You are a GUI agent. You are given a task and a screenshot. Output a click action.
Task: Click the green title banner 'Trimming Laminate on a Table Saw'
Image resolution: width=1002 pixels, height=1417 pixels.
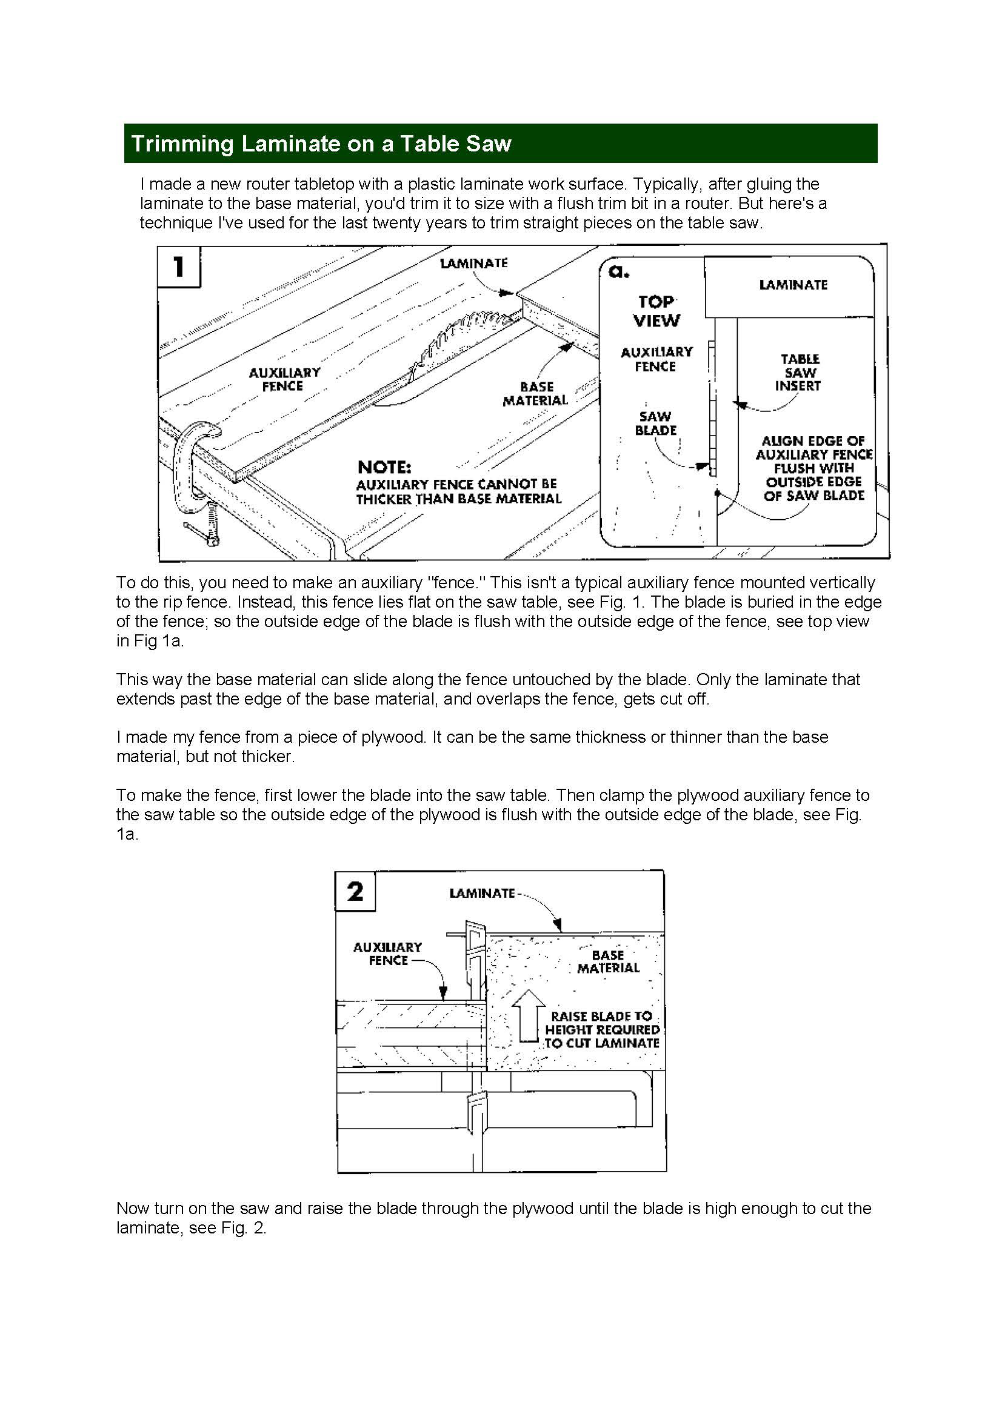click(500, 143)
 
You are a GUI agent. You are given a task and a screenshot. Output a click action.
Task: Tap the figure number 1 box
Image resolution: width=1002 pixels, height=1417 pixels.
click(179, 267)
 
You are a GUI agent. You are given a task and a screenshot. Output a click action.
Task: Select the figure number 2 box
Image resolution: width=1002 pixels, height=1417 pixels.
click(355, 891)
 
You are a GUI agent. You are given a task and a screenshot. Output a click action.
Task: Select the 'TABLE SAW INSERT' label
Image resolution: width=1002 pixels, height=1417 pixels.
click(800, 372)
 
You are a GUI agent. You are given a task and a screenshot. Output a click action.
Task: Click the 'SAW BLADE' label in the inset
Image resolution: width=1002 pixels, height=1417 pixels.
click(656, 423)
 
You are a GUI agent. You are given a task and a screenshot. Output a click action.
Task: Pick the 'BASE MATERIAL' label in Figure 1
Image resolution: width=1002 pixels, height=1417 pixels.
click(535, 393)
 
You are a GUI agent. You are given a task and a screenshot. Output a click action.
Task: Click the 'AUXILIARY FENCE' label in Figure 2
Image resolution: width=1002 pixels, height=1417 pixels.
click(388, 954)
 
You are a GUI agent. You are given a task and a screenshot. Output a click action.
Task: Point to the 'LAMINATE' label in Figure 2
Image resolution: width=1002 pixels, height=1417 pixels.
click(481, 893)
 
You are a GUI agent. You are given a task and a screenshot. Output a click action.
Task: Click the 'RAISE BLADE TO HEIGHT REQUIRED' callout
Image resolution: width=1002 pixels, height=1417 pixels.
click(601, 1029)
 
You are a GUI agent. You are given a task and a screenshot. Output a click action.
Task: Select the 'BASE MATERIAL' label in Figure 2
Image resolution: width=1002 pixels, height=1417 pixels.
click(607, 961)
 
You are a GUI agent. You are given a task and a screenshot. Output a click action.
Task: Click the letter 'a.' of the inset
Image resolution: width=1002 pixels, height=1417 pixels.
click(618, 271)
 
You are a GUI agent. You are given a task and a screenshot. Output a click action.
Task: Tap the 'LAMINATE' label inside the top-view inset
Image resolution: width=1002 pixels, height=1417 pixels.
click(793, 285)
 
